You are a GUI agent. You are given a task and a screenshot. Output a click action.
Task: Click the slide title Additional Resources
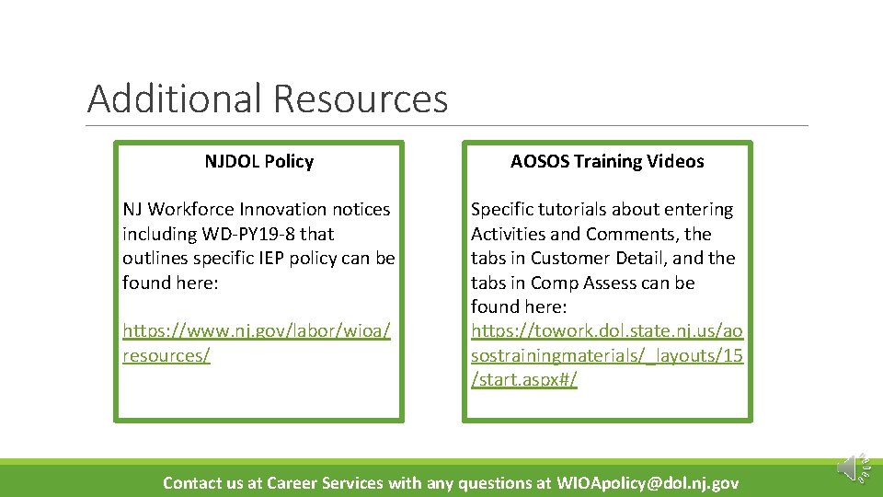[x=267, y=98]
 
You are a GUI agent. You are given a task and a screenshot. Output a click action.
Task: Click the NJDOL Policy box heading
[x=258, y=162]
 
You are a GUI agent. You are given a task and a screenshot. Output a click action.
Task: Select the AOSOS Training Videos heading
[x=607, y=162]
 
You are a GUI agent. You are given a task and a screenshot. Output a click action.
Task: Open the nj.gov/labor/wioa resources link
[x=257, y=342]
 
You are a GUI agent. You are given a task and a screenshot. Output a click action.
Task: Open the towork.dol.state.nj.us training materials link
[x=607, y=355]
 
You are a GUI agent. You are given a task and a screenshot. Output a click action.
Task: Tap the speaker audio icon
[x=850, y=468]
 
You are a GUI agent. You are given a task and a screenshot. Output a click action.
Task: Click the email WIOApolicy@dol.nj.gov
[x=648, y=483]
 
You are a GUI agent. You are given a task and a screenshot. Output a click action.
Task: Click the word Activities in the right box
[x=510, y=234]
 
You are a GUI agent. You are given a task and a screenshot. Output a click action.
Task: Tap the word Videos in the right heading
[x=673, y=162]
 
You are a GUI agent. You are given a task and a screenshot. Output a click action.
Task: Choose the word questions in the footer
[x=491, y=483]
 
